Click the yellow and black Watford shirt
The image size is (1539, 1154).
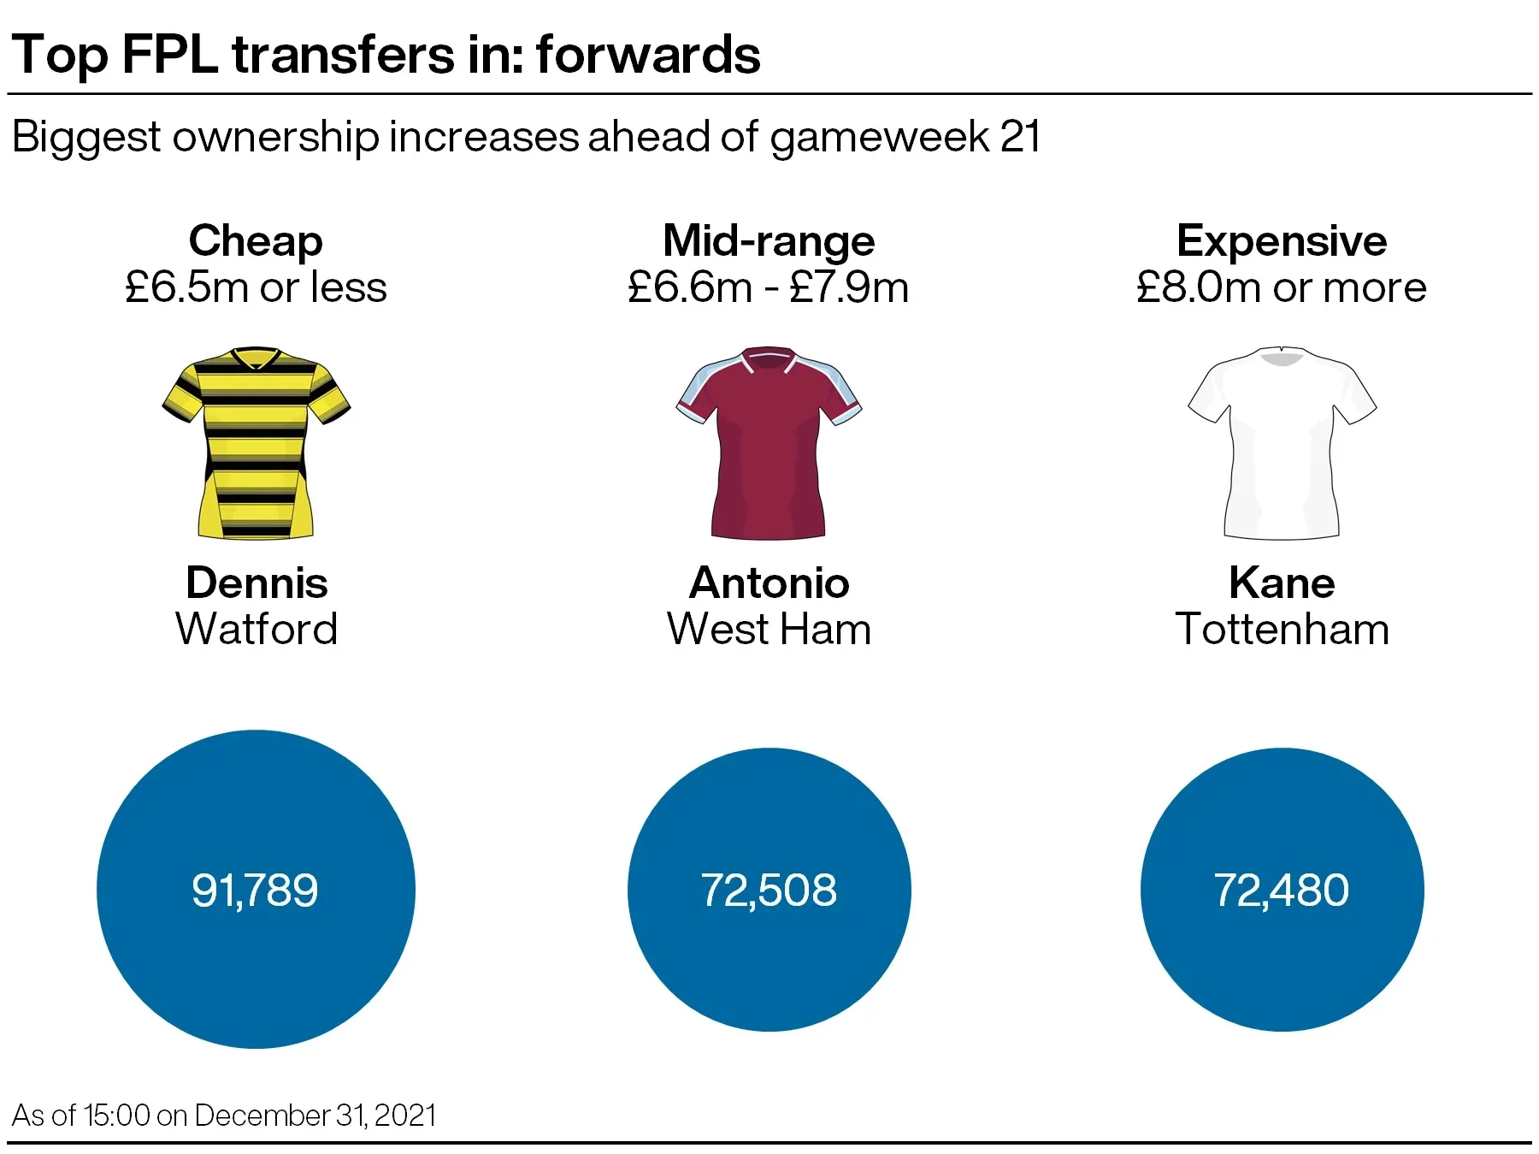point(256,442)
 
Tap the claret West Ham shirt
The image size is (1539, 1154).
point(769,442)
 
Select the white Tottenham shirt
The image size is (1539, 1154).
point(1282,442)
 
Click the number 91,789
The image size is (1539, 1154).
point(255,890)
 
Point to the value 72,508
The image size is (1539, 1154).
point(769,890)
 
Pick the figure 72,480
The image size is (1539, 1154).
point(1281,890)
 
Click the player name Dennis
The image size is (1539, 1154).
point(256,583)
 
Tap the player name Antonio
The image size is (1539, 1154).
point(769,583)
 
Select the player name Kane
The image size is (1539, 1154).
point(1282,583)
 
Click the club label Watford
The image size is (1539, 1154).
point(256,629)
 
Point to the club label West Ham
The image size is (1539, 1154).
point(769,629)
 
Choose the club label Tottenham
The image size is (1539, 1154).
point(1282,629)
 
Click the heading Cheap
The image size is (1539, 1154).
point(256,240)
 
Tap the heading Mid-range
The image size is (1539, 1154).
point(769,240)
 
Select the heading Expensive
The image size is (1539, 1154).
point(1282,240)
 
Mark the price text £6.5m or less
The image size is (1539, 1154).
point(256,287)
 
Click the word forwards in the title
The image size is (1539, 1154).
point(648,55)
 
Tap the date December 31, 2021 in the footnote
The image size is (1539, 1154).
point(315,1116)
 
